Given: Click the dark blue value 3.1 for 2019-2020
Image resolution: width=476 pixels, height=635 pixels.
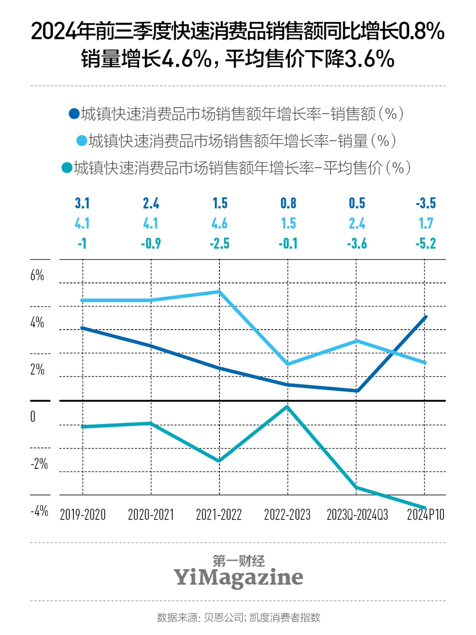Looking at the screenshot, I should point(82,203).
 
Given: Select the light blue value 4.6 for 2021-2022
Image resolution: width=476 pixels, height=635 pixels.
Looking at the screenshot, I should point(219,223).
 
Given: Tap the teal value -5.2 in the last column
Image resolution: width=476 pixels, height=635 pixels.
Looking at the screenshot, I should point(425,244).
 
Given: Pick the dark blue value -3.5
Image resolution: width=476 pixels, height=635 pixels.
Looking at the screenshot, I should point(425,203).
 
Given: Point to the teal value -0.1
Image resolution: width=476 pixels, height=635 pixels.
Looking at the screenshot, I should point(288,244).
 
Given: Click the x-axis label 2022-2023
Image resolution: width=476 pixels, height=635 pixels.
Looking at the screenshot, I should point(287,515).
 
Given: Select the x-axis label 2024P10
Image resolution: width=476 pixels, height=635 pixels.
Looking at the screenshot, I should point(425,515).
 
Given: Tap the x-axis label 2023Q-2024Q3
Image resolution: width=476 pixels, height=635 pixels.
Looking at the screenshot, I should point(357,515).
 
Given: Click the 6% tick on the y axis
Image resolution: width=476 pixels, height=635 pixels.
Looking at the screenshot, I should point(37,276).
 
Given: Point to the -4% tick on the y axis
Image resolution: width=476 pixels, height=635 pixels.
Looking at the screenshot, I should point(39,512).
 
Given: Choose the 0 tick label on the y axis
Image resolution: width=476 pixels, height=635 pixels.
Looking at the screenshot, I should point(33,417).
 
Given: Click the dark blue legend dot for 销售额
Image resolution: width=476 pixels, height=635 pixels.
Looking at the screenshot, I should point(74,114).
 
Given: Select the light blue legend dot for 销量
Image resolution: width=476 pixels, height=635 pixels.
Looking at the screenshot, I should point(82,141).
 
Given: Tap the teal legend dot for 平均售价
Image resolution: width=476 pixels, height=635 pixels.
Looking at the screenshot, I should point(67,168).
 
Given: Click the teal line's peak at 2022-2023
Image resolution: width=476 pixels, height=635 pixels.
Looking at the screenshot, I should point(287,407).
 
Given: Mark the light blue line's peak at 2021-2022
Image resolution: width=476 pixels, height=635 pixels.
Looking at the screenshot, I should point(219,292).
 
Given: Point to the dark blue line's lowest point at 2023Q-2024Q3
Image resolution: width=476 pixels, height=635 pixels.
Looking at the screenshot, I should point(357,390).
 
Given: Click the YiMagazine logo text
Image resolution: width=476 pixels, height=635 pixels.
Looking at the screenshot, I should point(238,577).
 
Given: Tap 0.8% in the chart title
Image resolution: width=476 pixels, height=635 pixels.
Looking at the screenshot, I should point(421,31).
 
